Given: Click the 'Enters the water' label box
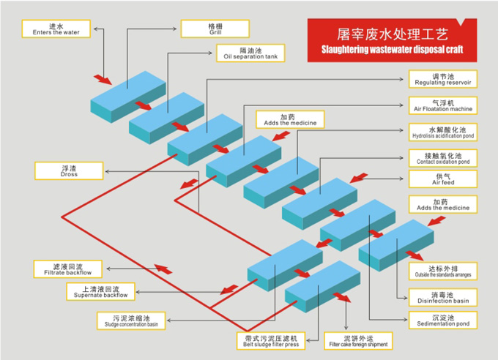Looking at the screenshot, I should click(56, 29).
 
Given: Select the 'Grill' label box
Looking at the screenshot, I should click(215, 29).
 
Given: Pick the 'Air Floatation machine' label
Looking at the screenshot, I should click(444, 105).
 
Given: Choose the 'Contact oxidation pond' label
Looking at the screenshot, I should click(444, 157).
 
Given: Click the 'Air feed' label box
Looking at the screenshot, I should click(444, 179).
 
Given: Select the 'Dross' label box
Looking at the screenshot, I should click(70, 170).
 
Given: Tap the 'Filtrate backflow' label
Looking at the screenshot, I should click(69, 269).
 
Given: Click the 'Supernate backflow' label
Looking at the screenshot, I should click(100, 292).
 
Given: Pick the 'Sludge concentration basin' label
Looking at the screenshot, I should click(131, 320).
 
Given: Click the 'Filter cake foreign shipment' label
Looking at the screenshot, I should click(357, 341).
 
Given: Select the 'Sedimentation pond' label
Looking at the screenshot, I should click(444, 320).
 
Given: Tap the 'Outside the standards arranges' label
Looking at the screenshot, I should click(444, 271).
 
